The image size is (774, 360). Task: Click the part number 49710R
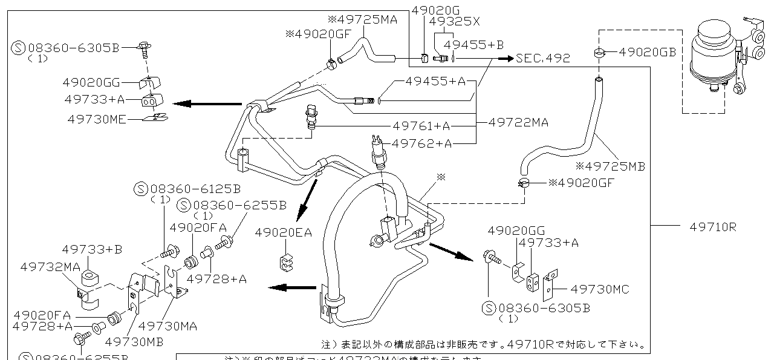[713, 227]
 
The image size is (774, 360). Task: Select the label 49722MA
[518, 123]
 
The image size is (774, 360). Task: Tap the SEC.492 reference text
[543, 59]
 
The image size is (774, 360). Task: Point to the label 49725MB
[611, 165]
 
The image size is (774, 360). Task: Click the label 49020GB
[647, 53]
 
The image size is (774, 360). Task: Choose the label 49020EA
[283, 232]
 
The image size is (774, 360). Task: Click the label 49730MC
[600, 290]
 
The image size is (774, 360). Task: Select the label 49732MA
[50, 267]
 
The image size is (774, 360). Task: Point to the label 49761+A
[421, 126]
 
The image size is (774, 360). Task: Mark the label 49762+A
[421, 143]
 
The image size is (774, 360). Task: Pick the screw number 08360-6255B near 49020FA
[239, 205]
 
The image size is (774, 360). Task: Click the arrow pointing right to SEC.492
[505, 59]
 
